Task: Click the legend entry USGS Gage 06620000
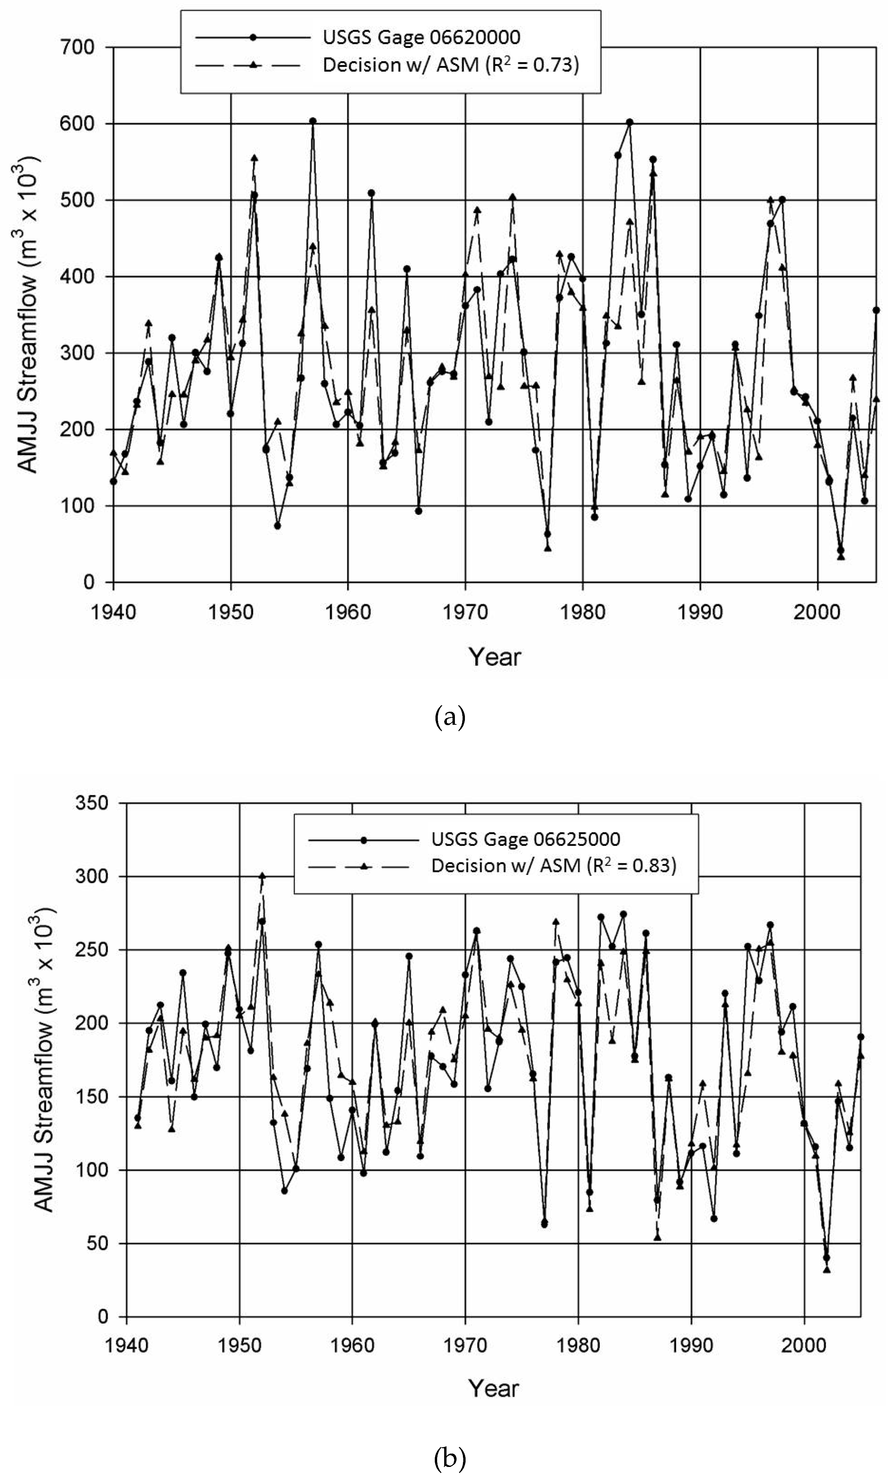click(x=421, y=37)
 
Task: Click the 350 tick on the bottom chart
click(x=93, y=803)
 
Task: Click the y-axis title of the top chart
click(x=28, y=314)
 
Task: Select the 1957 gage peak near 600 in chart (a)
click(x=312, y=121)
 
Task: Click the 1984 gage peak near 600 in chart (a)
click(x=630, y=122)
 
